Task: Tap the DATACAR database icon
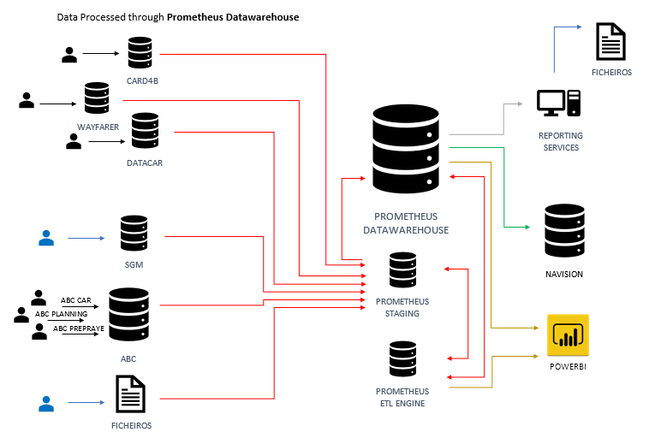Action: tap(145, 130)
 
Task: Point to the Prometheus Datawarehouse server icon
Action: tap(406, 150)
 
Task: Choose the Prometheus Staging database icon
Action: tap(402, 270)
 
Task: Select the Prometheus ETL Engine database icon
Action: tap(402, 360)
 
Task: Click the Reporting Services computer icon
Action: tap(559, 104)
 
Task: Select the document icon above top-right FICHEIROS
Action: tap(610, 42)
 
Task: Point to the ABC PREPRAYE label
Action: tap(79, 328)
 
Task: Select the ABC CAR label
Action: tap(76, 301)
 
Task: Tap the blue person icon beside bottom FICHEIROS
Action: tap(45, 400)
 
